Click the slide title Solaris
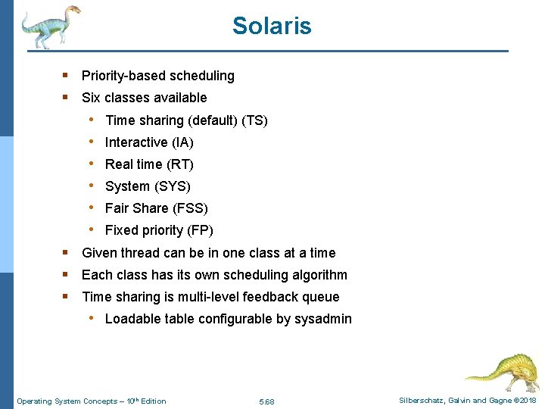pyautogui.click(x=272, y=26)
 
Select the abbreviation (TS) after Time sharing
pyautogui.click(x=255, y=120)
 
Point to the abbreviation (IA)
pyautogui.click(x=182, y=142)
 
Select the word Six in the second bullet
pyautogui.click(x=91, y=98)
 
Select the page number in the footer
pyautogui.click(x=266, y=401)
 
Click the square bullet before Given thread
pyautogui.click(x=66, y=252)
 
